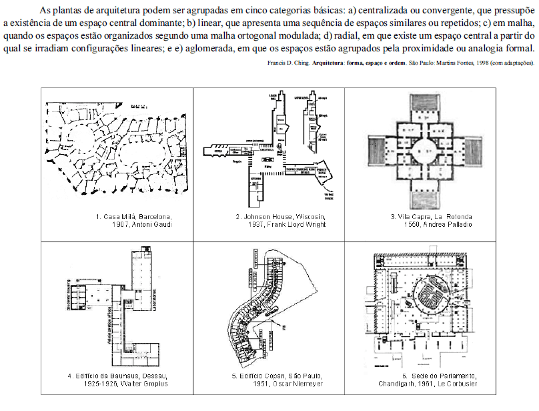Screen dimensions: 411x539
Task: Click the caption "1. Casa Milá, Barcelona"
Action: point(133,216)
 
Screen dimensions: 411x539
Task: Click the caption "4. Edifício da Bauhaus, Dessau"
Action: point(117,376)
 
